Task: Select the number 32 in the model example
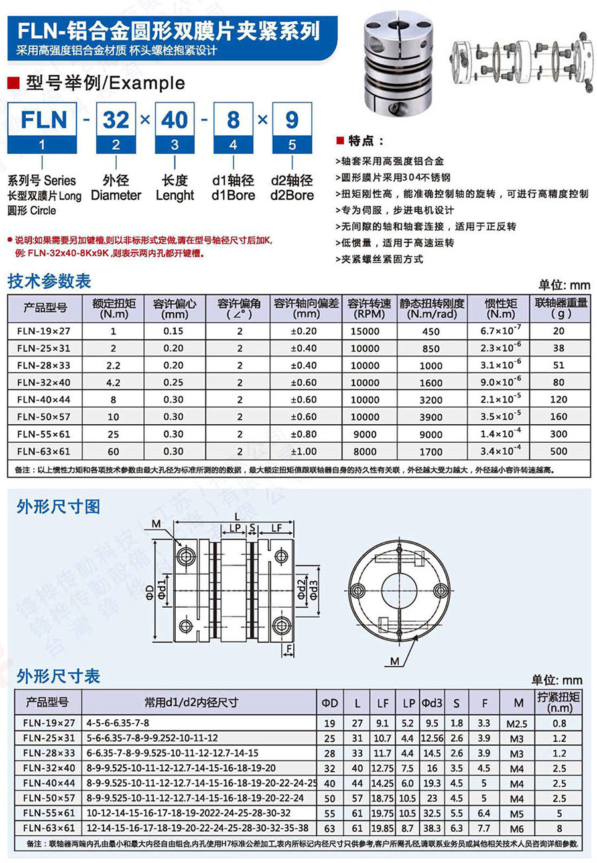tap(116, 120)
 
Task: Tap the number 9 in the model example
tap(292, 120)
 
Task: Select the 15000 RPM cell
tap(365, 331)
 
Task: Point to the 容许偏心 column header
tap(175, 308)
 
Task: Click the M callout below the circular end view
tap(395, 661)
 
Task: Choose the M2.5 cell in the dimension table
tap(517, 722)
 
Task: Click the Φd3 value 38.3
tap(431, 828)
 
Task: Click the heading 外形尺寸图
tap(58, 507)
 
